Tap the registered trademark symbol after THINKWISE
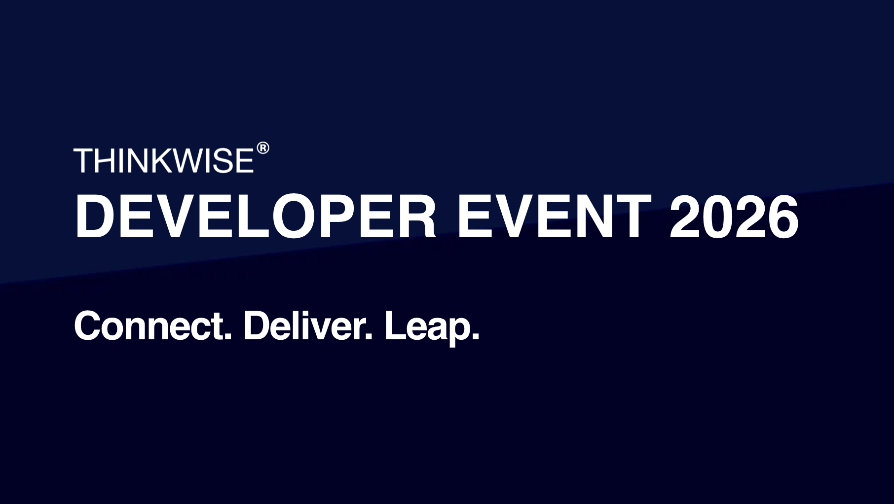[263, 148]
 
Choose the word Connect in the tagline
[152, 325]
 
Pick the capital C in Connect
[87, 325]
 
